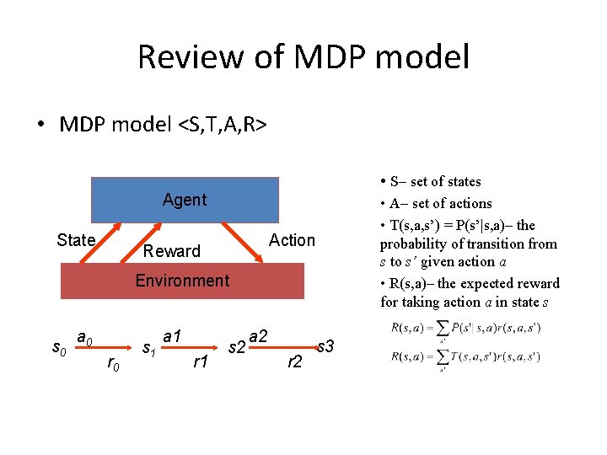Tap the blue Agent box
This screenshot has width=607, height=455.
[185, 200]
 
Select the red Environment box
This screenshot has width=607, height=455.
[183, 281]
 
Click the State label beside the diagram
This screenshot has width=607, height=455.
[76, 240]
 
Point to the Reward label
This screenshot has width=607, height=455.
[172, 251]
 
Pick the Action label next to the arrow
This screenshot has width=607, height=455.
[292, 240]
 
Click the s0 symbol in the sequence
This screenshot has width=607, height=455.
[58, 346]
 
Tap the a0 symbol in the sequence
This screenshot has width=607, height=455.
[84, 338]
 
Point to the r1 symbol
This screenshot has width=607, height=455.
[201, 362]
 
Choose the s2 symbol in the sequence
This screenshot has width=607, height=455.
[237, 346]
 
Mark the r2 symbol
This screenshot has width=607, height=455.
[295, 362]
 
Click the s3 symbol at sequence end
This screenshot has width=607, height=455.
[325, 345]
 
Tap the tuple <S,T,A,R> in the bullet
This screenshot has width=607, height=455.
[222, 125]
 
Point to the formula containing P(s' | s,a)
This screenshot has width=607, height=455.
[466, 328]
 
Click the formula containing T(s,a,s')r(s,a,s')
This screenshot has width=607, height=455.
[466, 357]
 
